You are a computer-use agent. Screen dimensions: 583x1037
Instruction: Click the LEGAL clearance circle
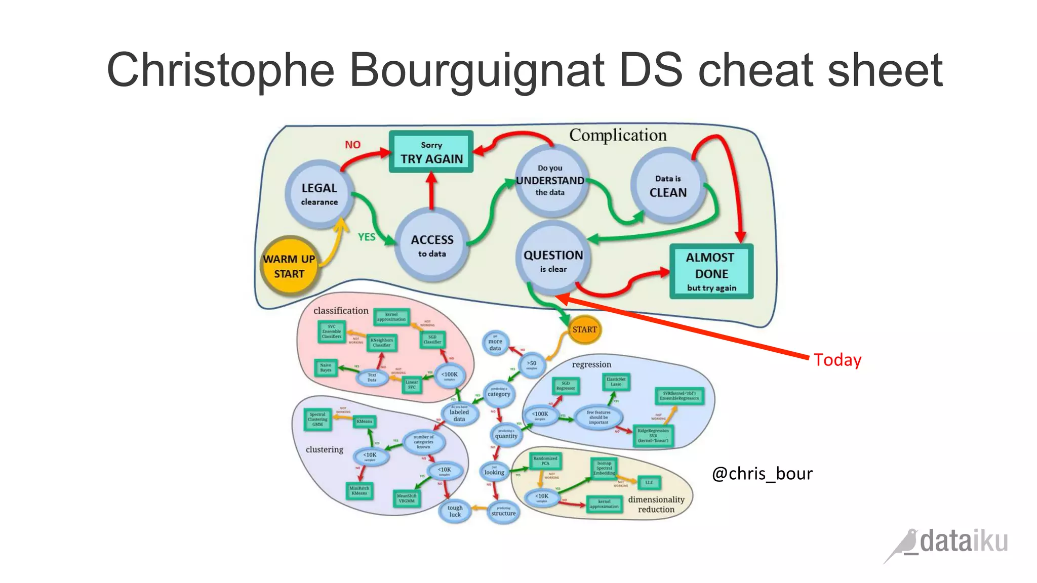click(319, 194)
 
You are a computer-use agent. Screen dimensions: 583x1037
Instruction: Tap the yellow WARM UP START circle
click(289, 266)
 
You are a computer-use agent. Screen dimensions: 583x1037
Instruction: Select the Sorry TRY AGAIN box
click(431, 152)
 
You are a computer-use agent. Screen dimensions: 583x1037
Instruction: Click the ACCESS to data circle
click(432, 245)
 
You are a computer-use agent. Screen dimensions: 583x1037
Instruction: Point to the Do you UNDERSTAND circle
click(550, 180)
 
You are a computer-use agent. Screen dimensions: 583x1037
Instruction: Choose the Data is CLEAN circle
click(668, 186)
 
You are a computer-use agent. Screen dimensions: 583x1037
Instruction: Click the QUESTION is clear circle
click(553, 260)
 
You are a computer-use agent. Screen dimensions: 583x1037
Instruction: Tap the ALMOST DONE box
click(711, 272)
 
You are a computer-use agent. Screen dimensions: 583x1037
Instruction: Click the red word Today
click(837, 360)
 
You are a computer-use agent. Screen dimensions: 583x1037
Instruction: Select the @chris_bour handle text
click(762, 474)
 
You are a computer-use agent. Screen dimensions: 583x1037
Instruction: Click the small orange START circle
click(585, 329)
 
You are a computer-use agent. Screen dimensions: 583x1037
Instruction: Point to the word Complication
click(618, 135)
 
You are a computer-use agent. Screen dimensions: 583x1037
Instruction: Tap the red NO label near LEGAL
click(353, 145)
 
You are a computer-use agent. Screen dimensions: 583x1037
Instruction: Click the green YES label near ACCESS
click(367, 237)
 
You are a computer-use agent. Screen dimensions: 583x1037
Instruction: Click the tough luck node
click(455, 511)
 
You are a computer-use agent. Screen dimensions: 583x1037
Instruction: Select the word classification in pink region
click(341, 311)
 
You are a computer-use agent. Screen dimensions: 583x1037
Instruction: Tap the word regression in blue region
click(591, 364)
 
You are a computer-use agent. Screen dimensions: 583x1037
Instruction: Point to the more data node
click(495, 344)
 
